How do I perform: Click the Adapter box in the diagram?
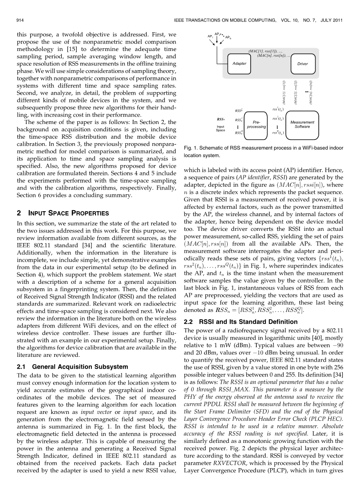point(239,64)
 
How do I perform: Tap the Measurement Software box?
point(302,124)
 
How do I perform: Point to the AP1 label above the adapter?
point(210,37)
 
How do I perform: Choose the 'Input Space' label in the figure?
point(220,128)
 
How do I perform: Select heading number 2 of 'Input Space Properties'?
point(18,213)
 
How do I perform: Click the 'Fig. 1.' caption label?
point(191,148)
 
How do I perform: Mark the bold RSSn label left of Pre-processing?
point(220,120)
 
